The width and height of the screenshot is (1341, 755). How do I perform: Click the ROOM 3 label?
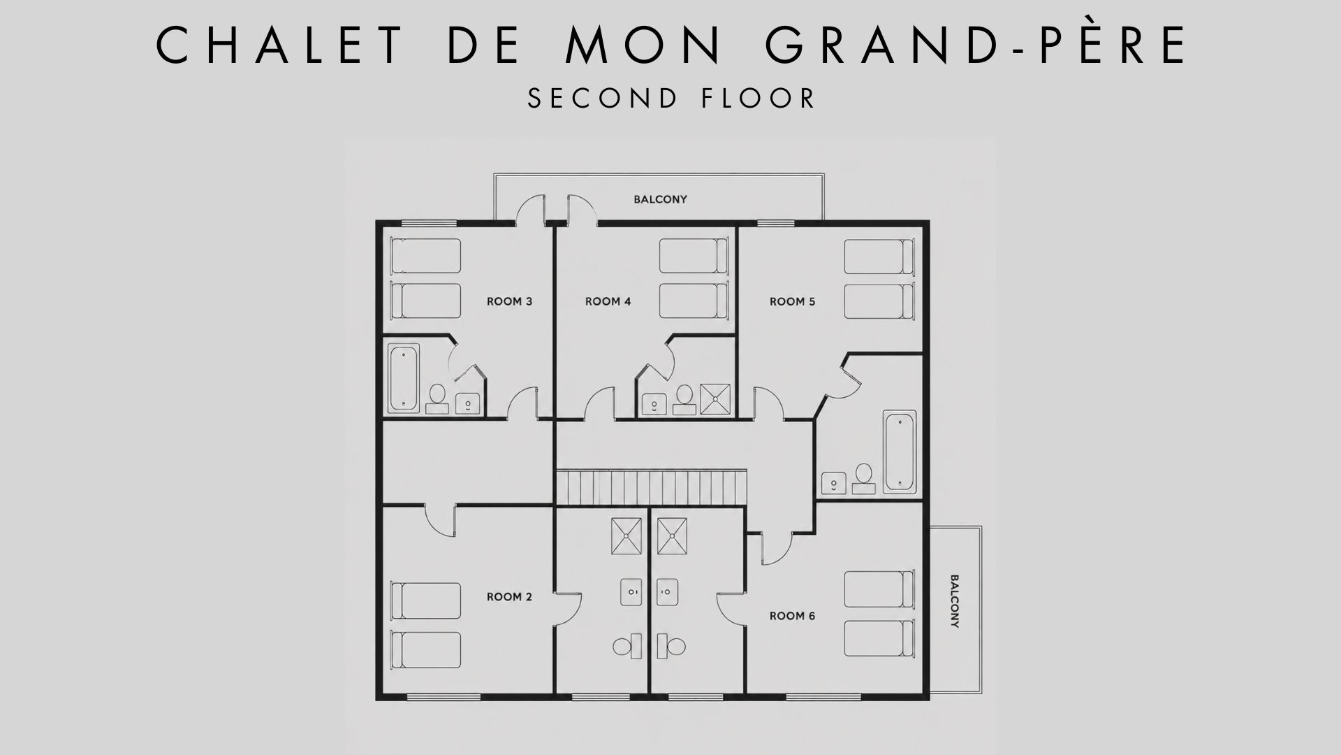click(x=509, y=301)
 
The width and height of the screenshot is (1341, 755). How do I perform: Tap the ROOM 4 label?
click(x=608, y=301)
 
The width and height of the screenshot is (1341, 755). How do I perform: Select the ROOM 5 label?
click(x=792, y=301)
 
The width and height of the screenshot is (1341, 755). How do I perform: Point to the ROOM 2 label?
click(x=509, y=596)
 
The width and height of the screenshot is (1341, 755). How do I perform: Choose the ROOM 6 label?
click(x=792, y=616)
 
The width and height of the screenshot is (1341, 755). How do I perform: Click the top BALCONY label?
click(x=660, y=199)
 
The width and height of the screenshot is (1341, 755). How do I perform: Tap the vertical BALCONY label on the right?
click(x=954, y=601)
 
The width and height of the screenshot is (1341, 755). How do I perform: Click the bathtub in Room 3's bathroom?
click(x=404, y=377)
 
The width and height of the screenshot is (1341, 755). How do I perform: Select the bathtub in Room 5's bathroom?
click(x=900, y=452)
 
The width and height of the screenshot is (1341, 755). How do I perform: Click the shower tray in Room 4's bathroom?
click(x=715, y=398)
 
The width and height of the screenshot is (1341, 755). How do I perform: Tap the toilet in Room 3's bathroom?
click(x=437, y=398)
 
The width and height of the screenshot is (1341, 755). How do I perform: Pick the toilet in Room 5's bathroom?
click(x=864, y=478)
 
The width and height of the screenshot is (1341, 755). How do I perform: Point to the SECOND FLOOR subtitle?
click(x=671, y=98)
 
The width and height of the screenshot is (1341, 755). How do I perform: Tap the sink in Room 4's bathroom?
click(x=654, y=403)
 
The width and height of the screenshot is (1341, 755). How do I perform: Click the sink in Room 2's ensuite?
click(x=631, y=592)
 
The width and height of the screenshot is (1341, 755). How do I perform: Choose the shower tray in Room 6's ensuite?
click(x=672, y=535)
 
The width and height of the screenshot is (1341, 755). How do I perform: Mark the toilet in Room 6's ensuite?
click(x=673, y=645)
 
